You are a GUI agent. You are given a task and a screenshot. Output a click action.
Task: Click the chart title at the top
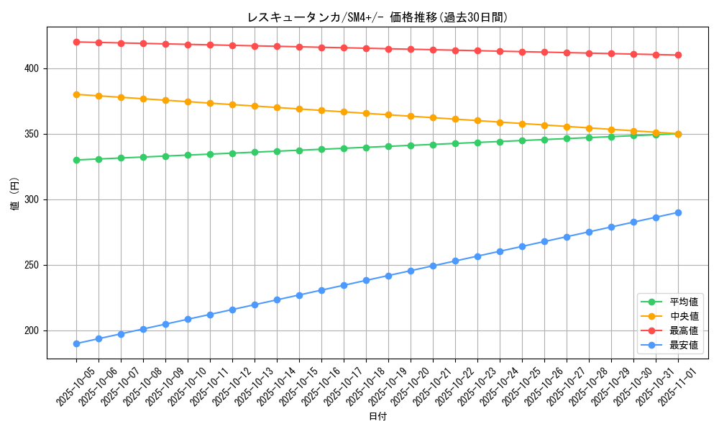coord(377,17)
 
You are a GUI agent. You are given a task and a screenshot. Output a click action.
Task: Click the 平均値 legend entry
coord(683,302)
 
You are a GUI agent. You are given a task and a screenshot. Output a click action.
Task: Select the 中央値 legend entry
coord(683,316)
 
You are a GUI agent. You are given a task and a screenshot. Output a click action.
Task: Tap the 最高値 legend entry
coord(683,330)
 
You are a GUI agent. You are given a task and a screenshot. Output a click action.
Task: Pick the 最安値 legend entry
coord(683,345)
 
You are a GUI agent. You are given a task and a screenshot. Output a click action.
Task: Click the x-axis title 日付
coord(377,417)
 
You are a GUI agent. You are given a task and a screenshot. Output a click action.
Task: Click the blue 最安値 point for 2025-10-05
coord(76,343)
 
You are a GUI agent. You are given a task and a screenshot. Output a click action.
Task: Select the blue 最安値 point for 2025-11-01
coord(678,212)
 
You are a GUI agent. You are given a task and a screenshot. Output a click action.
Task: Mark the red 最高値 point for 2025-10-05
coord(76,42)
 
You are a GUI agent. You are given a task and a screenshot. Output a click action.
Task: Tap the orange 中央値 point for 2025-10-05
coord(76,94)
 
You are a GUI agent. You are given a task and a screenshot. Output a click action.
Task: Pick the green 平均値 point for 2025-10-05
coord(76,160)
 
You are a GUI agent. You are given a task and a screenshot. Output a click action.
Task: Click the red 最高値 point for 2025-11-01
coord(678,55)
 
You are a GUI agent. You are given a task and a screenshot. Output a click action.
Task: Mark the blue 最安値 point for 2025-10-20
coord(411,271)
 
